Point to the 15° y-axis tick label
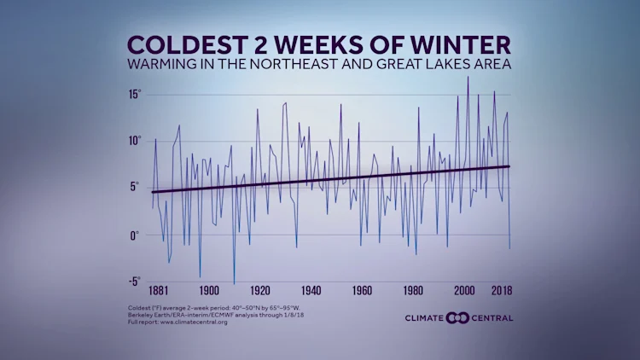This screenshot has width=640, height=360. click(x=134, y=94)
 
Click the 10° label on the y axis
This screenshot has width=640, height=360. click(x=134, y=141)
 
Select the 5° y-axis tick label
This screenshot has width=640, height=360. click(x=137, y=188)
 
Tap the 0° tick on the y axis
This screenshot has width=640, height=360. click(x=137, y=235)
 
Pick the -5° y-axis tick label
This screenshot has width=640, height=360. click(x=134, y=282)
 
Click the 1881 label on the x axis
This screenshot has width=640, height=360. click(x=158, y=290)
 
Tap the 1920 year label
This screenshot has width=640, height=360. click(x=260, y=290)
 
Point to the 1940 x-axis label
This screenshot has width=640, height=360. click(x=311, y=290)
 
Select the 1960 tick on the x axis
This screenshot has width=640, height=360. click(x=363, y=290)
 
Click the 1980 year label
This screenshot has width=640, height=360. click(x=414, y=290)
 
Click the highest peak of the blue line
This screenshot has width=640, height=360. click(x=468, y=77)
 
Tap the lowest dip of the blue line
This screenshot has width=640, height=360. click(x=234, y=284)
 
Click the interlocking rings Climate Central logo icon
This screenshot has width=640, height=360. click(x=457, y=318)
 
